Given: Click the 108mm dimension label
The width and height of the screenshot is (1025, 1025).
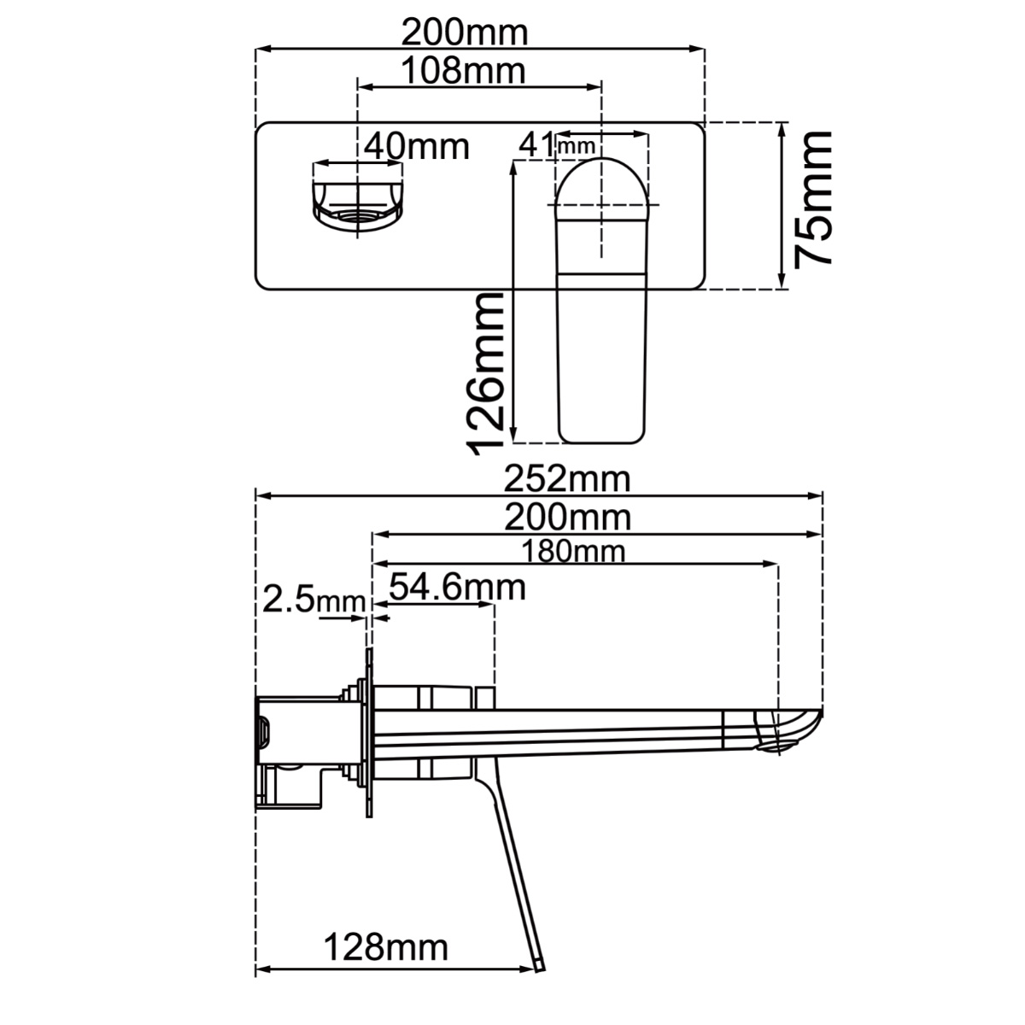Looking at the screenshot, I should coord(463,71).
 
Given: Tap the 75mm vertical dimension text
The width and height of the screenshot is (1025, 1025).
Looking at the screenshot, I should coord(812,199).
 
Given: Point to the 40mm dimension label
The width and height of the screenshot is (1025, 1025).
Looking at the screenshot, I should coord(417,146).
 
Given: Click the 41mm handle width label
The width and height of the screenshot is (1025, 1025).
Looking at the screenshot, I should coord(556,145).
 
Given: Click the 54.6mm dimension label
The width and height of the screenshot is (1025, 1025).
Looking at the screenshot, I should coord(457,587).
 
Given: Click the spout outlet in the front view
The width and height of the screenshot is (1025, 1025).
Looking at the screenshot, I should coord(357,216).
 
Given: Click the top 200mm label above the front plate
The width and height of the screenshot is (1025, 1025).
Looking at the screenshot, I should coord(465,33).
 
